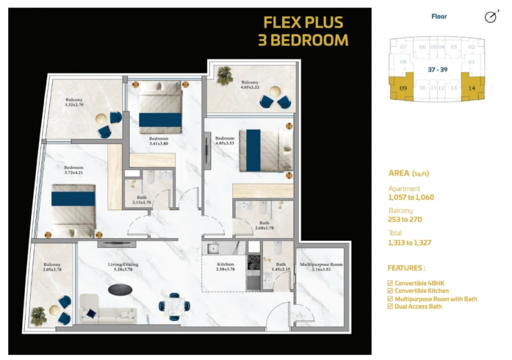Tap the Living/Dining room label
coord(122,265)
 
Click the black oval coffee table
coord(120,290)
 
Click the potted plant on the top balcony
coord(225,76)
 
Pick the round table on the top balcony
coord(276,90)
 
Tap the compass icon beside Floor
coord(490,18)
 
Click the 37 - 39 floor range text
coord(436,67)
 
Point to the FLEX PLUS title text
coord(303,22)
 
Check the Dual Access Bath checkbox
coord(391,306)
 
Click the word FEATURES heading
coord(406,268)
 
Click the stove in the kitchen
coord(254,261)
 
